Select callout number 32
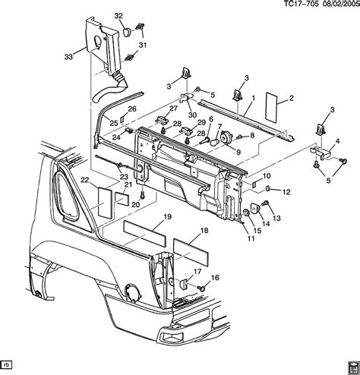(x=118, y=16)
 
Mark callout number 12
(x=286, y=192)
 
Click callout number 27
(x=163, y=109)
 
